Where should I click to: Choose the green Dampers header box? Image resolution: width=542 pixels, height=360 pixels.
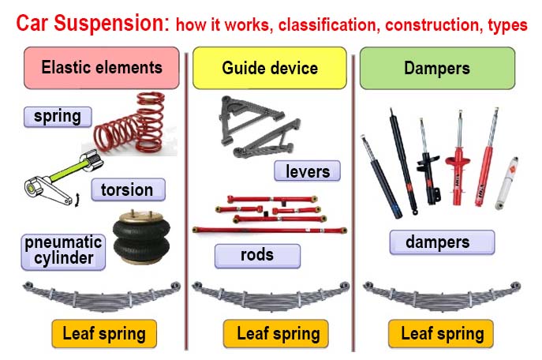(x=436, y=67)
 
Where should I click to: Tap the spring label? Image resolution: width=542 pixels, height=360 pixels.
(x=57, y=117)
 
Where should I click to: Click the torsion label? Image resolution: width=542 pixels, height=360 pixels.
(x=128, y=189)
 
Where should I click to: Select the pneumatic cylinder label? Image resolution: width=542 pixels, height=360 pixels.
(x=62, y=250)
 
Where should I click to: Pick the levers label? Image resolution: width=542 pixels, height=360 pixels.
(x=307, y=171)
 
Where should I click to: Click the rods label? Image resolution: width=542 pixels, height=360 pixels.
(x=257, y=255)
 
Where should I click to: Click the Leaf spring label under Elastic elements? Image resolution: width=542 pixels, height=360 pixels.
(x=103, y=333)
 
